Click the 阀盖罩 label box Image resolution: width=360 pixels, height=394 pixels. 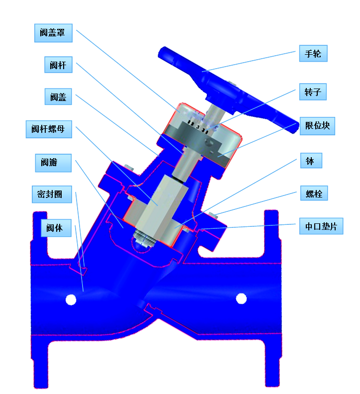53,33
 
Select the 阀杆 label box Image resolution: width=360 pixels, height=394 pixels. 58,65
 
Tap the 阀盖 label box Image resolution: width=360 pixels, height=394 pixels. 58,97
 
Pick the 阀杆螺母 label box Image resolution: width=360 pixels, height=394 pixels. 49,129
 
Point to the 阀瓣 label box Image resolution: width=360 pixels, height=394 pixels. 53,163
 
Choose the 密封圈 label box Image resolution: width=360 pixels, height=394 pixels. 52,194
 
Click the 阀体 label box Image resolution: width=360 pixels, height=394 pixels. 56,228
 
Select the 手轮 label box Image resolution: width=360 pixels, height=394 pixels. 313,53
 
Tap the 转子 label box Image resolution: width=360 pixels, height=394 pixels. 313,92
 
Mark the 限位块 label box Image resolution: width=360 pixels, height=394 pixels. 317,126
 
